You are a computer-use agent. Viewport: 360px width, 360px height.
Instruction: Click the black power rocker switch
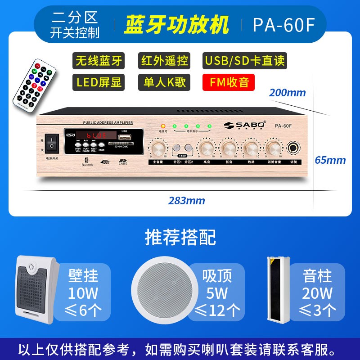click(x=51, y=143)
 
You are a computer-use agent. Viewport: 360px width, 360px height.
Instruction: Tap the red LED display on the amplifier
click(x=96, y=135)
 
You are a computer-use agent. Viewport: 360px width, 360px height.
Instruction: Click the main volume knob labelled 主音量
click(x=157, y=148)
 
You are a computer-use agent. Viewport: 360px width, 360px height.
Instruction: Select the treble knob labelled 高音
click(x=207, y=148)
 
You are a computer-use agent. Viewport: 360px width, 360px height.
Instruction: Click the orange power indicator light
click(x=162, y=126)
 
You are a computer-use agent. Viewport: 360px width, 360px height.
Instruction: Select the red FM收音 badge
click(x=229, y=82)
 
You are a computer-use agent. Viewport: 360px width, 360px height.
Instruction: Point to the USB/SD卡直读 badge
click(x=244, y=60)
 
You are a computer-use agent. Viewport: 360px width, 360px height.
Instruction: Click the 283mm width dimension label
click(x=187, y=200)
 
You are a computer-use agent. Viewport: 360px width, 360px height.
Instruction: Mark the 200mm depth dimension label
click(x=287, y=93)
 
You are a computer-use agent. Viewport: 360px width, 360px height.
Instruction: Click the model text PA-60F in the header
click(x=283, y=25)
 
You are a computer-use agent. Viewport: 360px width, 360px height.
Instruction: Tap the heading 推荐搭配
click(x=180, y=237)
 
